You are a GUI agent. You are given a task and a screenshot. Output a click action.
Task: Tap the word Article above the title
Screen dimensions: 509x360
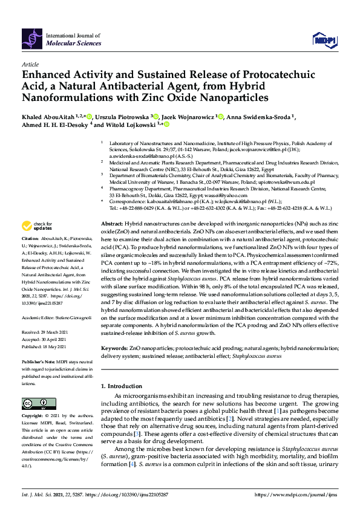coord(29,63)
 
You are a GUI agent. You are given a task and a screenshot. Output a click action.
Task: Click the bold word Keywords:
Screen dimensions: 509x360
coord(114,349)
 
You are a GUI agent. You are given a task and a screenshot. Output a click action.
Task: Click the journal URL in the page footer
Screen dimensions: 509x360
coord(296,494)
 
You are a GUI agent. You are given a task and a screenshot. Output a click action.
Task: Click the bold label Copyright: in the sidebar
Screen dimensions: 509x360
coord(33,417)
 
